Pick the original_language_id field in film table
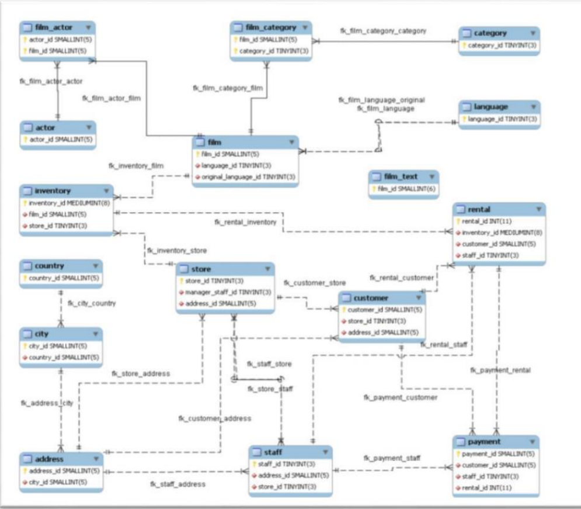pyautogui.click(x=248, y=177)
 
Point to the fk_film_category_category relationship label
pyautogui.click(x=383, y=30)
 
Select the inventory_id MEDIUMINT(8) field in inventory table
pyautogui.click(x=65, y=203)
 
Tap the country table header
pyautogui.click(x=49, y=266)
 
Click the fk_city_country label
pyautogui.click(x=92, y=303)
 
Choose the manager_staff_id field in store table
pyautogui.click(x=228, y=292)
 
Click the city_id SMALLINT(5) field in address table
pyautogui.click(x=58, y=482)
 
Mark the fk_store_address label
pyautogui.click(x=141, y=373)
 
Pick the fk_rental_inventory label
pyautogui.click(x=245, y=222)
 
